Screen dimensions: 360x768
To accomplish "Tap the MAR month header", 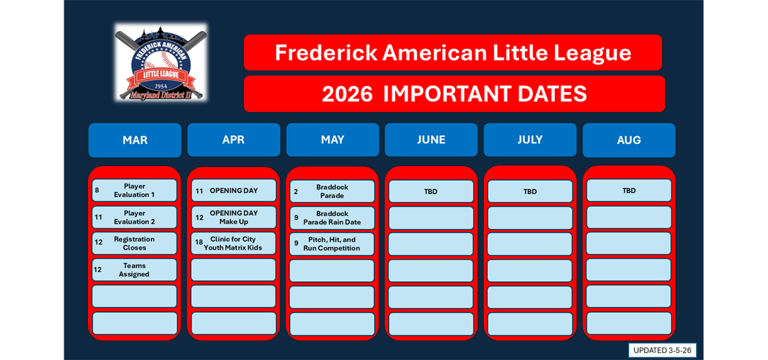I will click(135, 140).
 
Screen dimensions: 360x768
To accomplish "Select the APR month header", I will click(233, 140).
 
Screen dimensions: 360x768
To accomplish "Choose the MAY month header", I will click(332, 140).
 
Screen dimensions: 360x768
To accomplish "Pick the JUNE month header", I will click(431, 140).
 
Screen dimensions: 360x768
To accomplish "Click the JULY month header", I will click(530, 140).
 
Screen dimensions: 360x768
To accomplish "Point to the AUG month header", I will click(628, 140).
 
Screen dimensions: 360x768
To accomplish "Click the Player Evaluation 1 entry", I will click(134, 190).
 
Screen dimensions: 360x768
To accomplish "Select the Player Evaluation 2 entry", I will click(134, 217).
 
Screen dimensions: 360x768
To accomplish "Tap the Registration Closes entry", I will click(134, 244).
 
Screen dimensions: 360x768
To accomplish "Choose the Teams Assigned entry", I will click(134, 270).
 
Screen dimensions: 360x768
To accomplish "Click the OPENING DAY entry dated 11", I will click(233, 190).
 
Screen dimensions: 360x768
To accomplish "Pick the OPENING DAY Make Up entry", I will click(233, 217).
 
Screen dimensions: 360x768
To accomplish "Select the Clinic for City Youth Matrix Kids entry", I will click(233, 244).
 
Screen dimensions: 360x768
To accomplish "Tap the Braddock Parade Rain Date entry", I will click(332, 218).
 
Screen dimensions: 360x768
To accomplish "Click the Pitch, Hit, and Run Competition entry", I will click(332, 244).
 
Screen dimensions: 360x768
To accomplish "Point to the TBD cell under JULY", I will click(530, 191).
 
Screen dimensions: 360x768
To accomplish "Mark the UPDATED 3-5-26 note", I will click(662, 350).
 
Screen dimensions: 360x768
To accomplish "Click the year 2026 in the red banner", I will click(347, 94).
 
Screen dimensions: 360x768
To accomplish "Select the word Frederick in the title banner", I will click(325, 53).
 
